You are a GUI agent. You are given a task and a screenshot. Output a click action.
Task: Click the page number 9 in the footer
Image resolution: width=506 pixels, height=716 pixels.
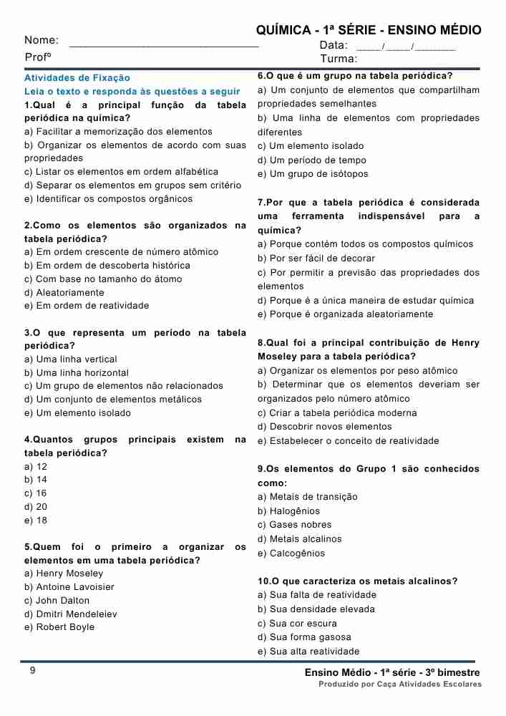coord(32,670)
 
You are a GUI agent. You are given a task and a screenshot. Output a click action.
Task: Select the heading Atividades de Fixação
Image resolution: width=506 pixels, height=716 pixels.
coord(77,77)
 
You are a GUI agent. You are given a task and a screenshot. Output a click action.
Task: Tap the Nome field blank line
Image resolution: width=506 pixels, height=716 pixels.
coord(164,45)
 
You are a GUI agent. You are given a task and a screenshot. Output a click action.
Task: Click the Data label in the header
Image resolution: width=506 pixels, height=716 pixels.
coord(334,45)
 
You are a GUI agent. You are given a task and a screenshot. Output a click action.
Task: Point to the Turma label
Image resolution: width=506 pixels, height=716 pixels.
coord(339,59)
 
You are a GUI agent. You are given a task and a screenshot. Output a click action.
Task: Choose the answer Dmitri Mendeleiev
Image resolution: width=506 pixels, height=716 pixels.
coord(71,614)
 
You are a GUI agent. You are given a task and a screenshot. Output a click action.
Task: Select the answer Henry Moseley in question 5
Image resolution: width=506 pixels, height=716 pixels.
coord(64,574)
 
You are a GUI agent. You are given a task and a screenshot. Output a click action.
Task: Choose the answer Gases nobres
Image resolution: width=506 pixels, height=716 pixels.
coord(295,525)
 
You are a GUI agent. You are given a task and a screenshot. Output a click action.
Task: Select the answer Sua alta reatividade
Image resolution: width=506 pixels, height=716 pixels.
coord(308,652)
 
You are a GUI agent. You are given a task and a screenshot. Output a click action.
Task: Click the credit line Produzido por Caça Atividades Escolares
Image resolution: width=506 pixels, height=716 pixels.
coord(400,684)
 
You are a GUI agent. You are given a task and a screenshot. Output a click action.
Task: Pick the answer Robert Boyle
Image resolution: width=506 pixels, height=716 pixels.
coord(59,627)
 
